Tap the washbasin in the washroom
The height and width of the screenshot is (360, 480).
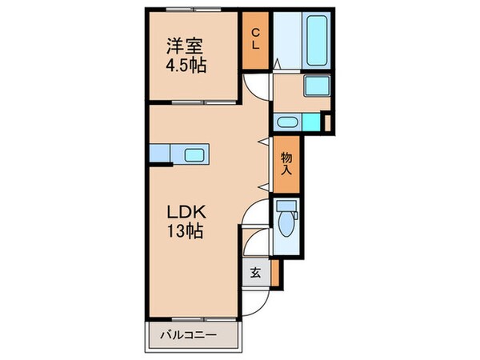tap(286, 122)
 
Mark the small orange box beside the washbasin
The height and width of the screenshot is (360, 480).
tap(326, 122)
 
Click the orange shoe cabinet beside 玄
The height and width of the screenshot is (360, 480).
tap(275, 273)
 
